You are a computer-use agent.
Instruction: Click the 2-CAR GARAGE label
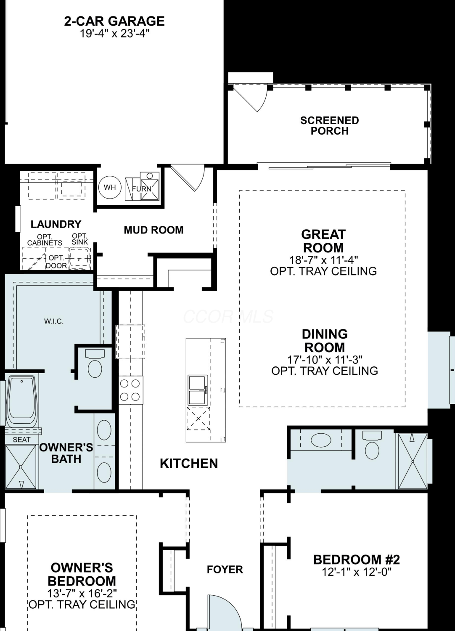click(x=114, y=21)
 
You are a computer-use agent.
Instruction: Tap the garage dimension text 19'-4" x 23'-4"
click(x=114, y=34)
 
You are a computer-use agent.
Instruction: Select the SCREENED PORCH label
click(x=329, y=126)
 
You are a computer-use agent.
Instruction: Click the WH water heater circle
click(x=110, y=187)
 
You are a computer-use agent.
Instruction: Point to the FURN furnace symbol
click(x=142, y=186)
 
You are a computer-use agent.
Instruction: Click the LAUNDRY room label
click(x=56, y=224)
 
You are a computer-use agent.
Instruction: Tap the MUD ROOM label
click(x=153, y=230)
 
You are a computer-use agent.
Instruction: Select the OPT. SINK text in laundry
click(x=79, y=239)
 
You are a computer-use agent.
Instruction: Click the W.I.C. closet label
click(x=54, y=321)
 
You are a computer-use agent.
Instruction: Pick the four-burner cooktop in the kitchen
click(x=130, y=390)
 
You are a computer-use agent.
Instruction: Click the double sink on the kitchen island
click(x=198, y=390)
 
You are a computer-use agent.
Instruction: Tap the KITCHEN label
click(x=189, y=464)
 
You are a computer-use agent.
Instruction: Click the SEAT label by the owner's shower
click(x=22, y=440)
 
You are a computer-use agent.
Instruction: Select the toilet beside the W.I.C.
click(x=95, y=364)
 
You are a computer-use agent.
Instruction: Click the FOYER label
click(x=225, y=569)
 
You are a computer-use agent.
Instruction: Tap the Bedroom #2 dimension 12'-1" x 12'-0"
click(x=357, y=572)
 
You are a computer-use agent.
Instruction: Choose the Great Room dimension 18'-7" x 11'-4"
click(x=323, y=260)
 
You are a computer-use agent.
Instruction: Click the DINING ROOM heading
click(x=325, y=341)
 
